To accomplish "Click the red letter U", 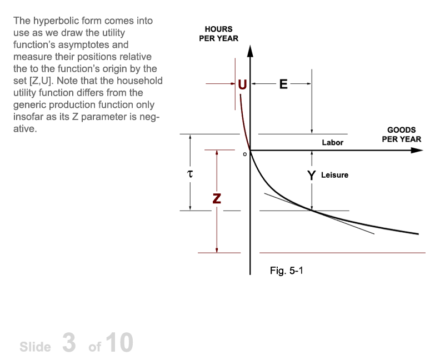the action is [242, 84].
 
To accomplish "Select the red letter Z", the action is [217, 198].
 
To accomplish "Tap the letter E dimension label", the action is [283, 84].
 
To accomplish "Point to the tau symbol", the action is [190, 174].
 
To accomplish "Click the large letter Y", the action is [311, 176].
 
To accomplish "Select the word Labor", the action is [333, 143].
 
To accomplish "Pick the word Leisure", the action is [335, 175].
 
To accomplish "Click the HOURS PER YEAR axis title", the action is [218, 34].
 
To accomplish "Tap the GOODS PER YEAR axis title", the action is [402, 134].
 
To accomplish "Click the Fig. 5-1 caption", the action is [287, 271].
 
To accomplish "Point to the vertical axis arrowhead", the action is [251, 51].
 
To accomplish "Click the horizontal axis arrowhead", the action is [417, 151].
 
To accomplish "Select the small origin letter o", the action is [244, 154].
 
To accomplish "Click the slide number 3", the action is [69, 343].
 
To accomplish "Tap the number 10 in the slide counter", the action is [120, 343].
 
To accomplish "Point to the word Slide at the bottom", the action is [36, 347].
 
